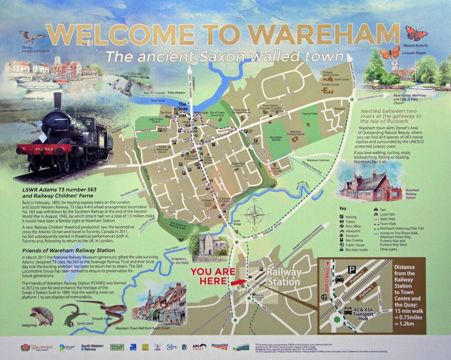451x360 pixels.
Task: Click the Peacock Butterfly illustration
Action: pyautogui.click(x=416, y=33)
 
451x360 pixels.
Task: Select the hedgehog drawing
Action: pyautogui.click(x=42, y=316)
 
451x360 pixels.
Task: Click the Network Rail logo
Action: pyautogui.click(x=219, y=346)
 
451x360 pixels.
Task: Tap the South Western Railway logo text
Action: pyautogui.click(x=92, y=347)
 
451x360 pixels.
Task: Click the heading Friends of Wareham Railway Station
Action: pyautogui.click(x=65, y=251)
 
